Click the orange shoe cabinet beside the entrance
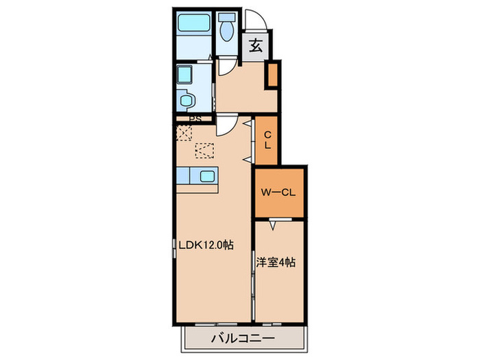click(x=272, y=75)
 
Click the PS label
click(x=195, y=117)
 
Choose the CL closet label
click(x=267, y=140)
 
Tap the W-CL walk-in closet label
click(x=277, y=193)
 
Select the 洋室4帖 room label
click(x=276, y=262)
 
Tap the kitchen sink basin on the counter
click(x=207, y=176)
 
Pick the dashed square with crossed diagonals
click(x=184, y=132)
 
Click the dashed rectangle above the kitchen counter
click(x=204, y=149)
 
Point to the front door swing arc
click(x=253, y=21)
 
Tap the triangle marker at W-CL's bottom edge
click(x=273, y=223)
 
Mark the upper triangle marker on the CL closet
click(x=253, y=125)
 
